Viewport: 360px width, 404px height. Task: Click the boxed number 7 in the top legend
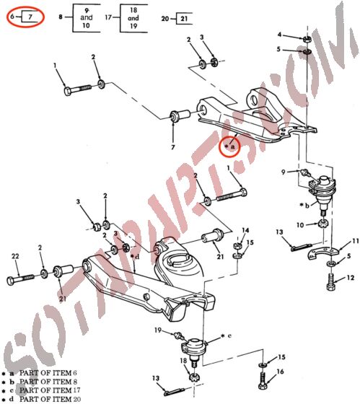(32, 14)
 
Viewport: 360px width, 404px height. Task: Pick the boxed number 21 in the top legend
(184, 17)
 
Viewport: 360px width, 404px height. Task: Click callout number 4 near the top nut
(280, 35)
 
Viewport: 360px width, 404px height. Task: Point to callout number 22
(15, 258)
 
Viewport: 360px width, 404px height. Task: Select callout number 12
(351, 278)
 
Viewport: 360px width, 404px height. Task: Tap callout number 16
(281, 372)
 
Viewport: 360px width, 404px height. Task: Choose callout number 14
(245, 231)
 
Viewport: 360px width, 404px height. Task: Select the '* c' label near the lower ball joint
(227, 336)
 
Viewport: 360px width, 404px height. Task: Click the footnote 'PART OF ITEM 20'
(50, 398)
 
